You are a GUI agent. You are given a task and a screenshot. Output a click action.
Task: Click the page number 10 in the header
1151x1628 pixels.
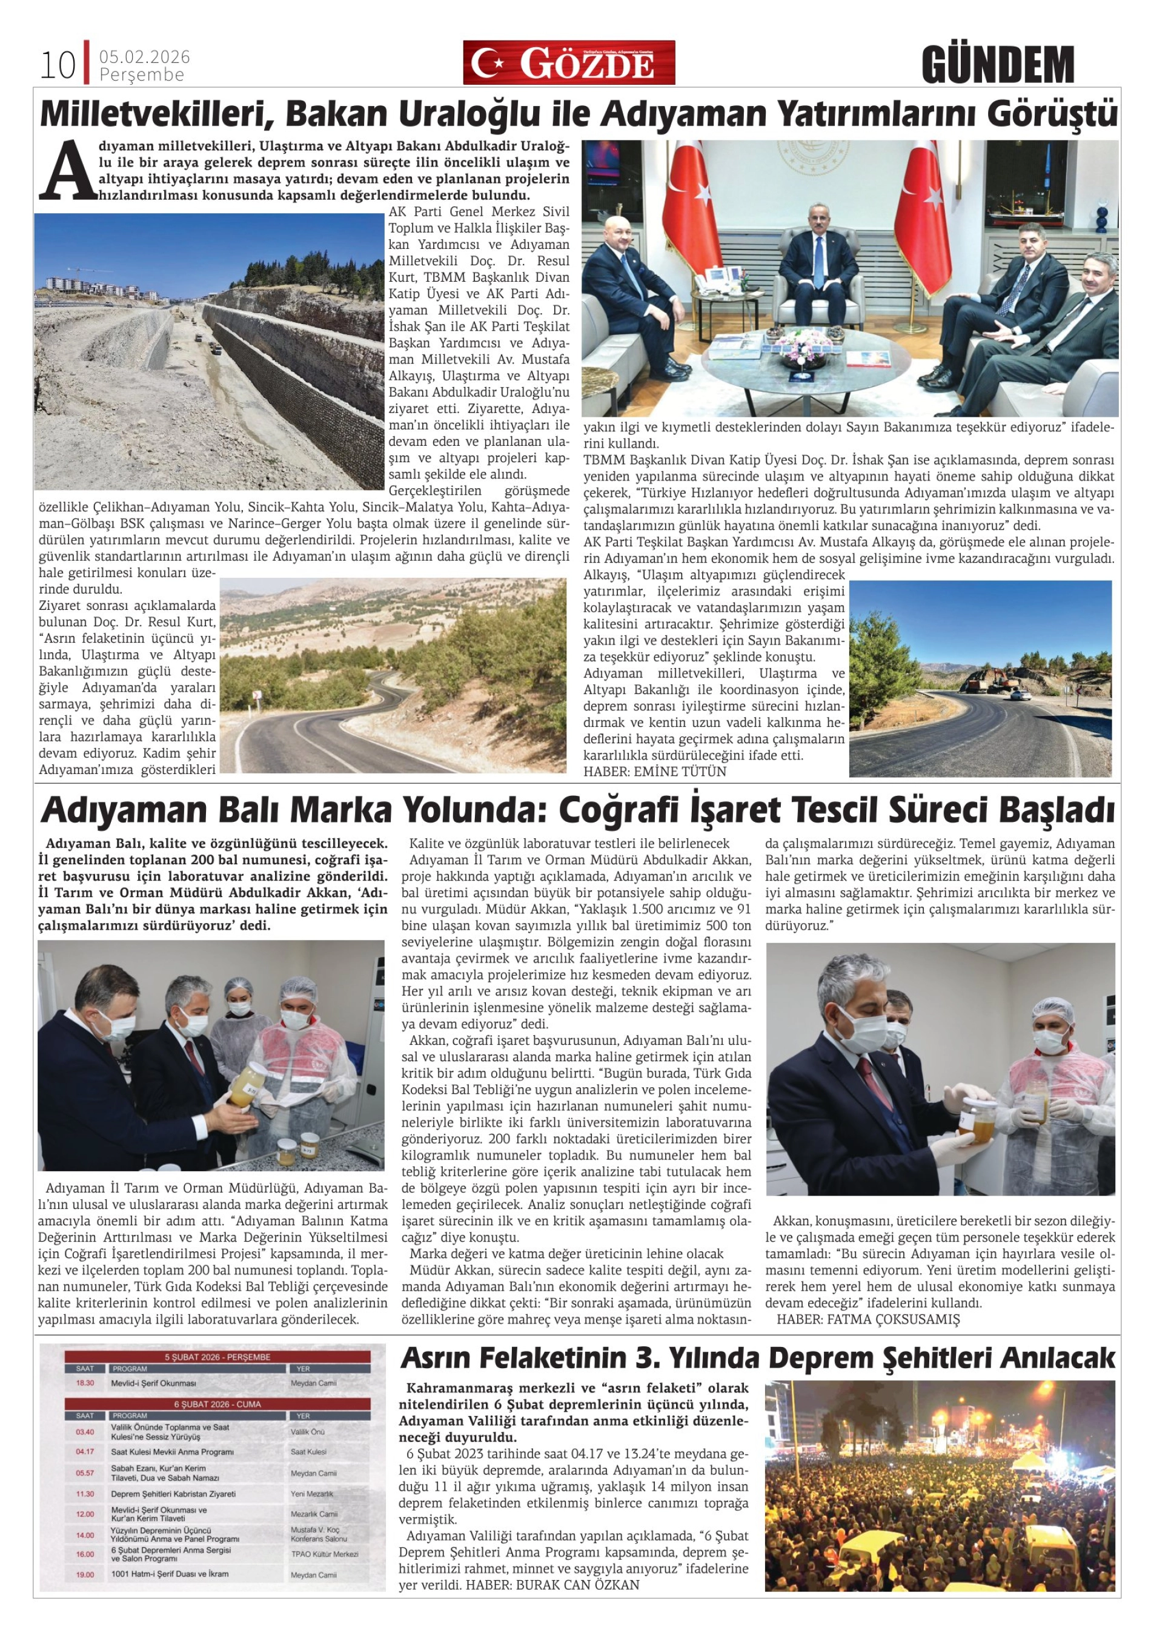(x=57, y=66)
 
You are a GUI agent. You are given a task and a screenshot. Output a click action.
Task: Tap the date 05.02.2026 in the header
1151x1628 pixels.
(x=145, y=58)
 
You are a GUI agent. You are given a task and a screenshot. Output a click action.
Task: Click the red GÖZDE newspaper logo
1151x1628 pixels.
(x=569, y=63)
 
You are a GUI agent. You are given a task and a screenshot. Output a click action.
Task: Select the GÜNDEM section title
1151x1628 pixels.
(x=998, y=65)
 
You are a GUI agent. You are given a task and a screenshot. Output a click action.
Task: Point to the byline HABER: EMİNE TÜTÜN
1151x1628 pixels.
(x=655, y=772)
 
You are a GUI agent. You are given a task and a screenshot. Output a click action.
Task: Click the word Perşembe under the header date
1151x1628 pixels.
(x=142, y=75)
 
